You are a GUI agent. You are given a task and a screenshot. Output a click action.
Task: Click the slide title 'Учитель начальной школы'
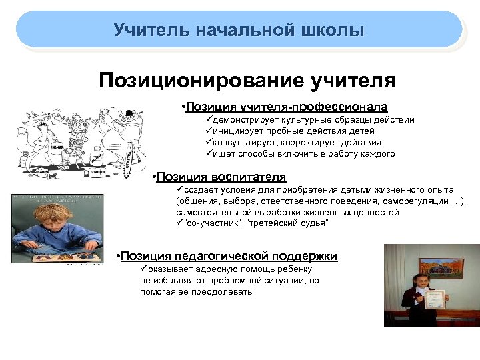(x=239, y=30)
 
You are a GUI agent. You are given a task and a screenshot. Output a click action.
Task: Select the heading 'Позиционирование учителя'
(x=247, y=81)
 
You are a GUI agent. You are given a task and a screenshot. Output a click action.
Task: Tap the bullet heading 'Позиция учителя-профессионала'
(x=287, y=107)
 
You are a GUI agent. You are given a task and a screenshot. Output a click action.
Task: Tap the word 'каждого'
(x=377, y=154)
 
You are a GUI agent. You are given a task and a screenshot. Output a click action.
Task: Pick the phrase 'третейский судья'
(x=287, y=223)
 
